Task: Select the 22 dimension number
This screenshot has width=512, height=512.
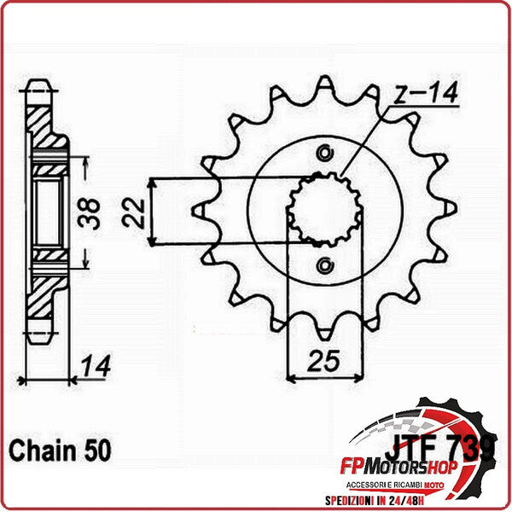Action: pyautogui.click(x=131, y=211)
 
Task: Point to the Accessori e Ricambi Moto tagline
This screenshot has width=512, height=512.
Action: pyautogui.click(x=414, y=482)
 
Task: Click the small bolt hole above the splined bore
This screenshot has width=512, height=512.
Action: pyautogui.click(x=323, y=154)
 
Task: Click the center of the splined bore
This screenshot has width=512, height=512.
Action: pyautogui.click(x=323, y=209)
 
